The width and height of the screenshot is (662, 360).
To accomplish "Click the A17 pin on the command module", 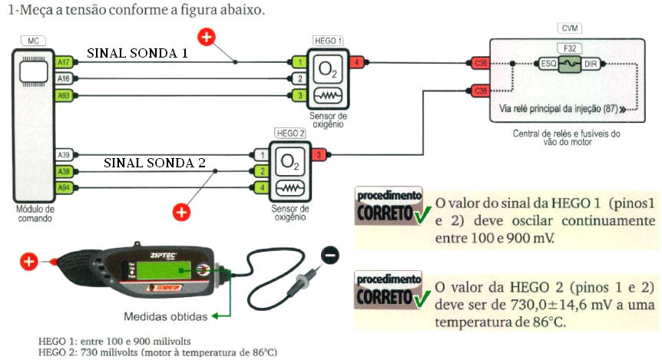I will [65, 61].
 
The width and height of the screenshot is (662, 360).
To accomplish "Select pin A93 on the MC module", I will [65, 95].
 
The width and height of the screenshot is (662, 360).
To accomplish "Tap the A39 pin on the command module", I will [65, 155].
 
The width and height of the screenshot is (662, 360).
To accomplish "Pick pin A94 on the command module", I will [65, 188].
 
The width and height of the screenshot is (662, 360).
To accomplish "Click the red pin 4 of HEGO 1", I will [357, 61].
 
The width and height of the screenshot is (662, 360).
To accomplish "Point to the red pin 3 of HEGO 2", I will [319, 155].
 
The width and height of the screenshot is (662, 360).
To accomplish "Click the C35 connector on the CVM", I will [481, 91].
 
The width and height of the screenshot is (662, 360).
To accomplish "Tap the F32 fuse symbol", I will [569, 64].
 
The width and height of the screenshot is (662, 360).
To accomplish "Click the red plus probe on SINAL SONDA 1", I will [206, 35].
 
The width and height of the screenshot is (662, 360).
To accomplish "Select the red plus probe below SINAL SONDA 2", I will [181, 211].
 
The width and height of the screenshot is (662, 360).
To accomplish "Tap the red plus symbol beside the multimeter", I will [28, 262].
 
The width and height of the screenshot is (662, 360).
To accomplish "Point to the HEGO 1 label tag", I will [328, 39].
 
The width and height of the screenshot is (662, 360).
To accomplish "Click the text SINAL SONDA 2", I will [154, 163].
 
